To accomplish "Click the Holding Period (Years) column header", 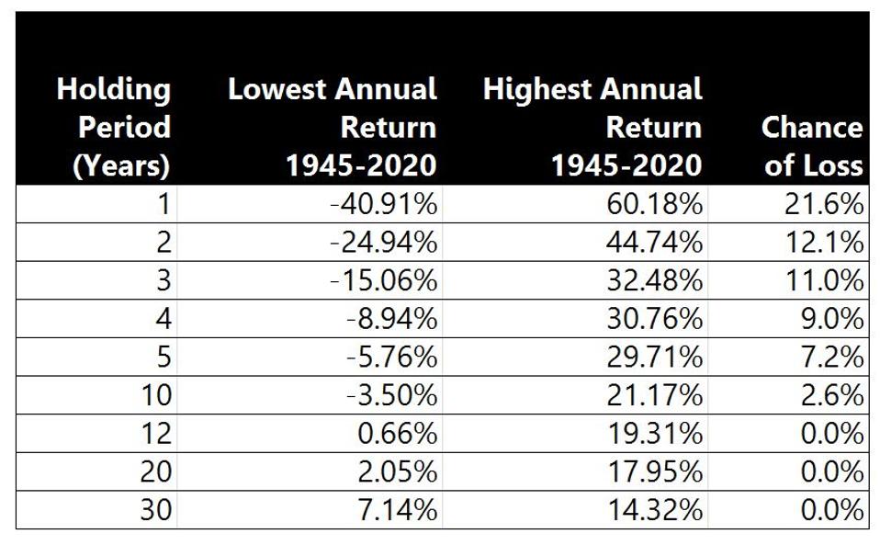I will [113, 127].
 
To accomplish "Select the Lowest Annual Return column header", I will [332, 127].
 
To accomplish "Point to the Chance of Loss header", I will [811, 145].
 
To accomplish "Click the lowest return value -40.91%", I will [383, 204].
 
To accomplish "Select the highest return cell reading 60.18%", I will [653, 204].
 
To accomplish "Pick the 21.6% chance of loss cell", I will [824, 204].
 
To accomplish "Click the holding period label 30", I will [156, 509].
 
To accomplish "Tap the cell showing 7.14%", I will [397, 509].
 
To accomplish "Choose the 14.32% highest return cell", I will [653, 509].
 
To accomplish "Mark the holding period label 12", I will [156, 433].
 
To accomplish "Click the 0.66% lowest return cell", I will [397, 433].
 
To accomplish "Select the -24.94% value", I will [383, 243].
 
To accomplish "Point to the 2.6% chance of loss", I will [830, 395].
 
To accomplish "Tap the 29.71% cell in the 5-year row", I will [653, 357].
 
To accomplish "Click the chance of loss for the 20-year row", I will [830, 471].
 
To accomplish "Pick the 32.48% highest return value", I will [653, 280].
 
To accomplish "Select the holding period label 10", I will [156, 395].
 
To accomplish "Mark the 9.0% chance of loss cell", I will [830, 319].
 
